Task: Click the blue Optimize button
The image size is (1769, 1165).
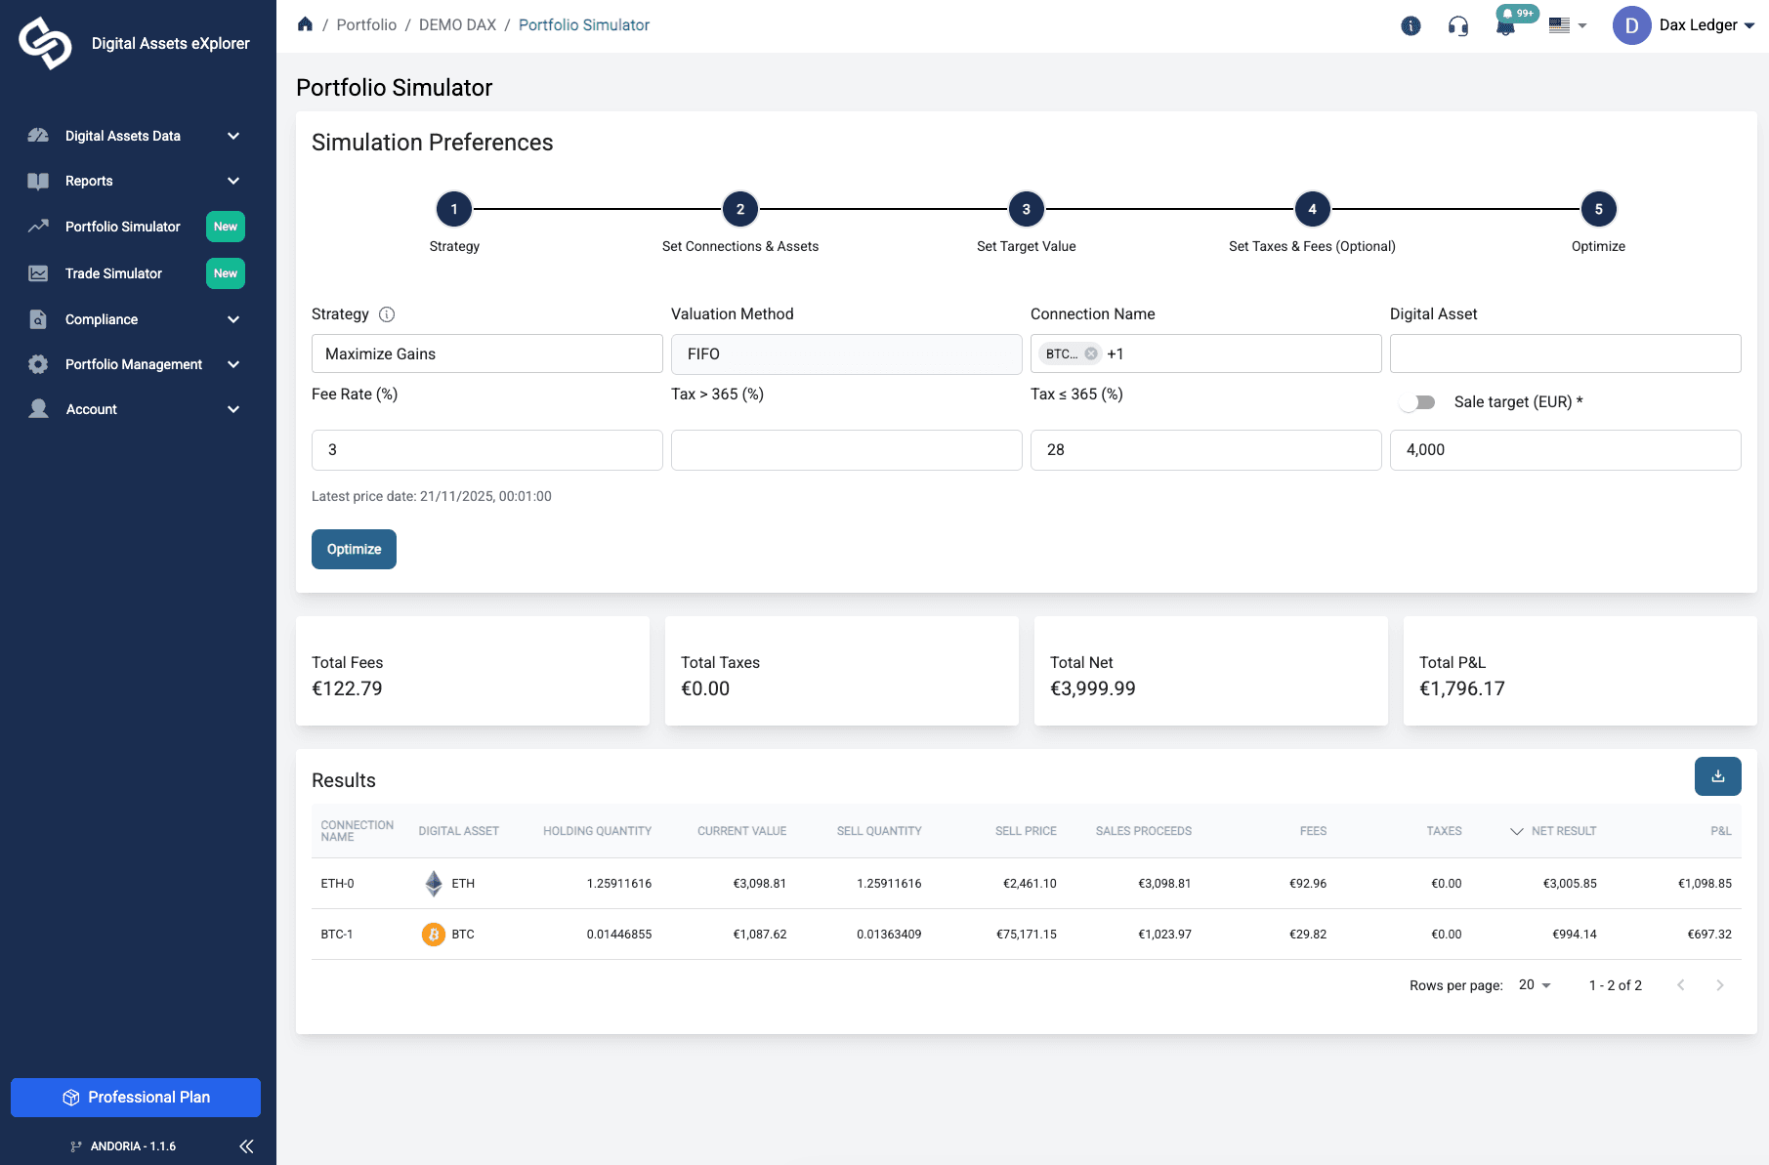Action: coord(354,549)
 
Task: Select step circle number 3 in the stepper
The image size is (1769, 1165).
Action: coord(1026,209)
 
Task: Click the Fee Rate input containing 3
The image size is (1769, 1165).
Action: coord(486,450)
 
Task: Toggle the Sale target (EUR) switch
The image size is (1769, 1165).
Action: coord(1417,402)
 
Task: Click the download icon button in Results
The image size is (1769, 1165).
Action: coord(1717,776)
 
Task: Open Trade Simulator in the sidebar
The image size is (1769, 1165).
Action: coord(113,273)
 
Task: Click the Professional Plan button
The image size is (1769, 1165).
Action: coord(136,1098)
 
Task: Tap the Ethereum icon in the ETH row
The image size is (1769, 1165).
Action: coord(434,884)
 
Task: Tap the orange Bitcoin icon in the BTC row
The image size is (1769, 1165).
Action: coord(434,935)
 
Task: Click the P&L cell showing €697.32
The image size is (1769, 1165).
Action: coord(1708,935)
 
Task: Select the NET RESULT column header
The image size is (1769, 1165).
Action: coord(1563,831)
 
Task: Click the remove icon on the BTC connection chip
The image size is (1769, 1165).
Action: coord(1091,354)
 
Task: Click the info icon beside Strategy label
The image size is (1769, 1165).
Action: coord(387,314)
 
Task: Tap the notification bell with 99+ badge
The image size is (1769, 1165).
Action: coord(1505,26)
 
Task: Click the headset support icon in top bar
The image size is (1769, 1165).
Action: coord(1458,26)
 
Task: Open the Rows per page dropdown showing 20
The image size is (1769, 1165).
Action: coord(1535,985)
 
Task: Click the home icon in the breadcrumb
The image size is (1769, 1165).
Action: coord(306,24)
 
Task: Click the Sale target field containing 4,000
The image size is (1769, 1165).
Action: coord(1565,450)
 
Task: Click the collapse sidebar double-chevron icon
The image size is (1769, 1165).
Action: coord(246,1146)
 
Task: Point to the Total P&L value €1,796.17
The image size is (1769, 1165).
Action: coord(1461,688)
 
